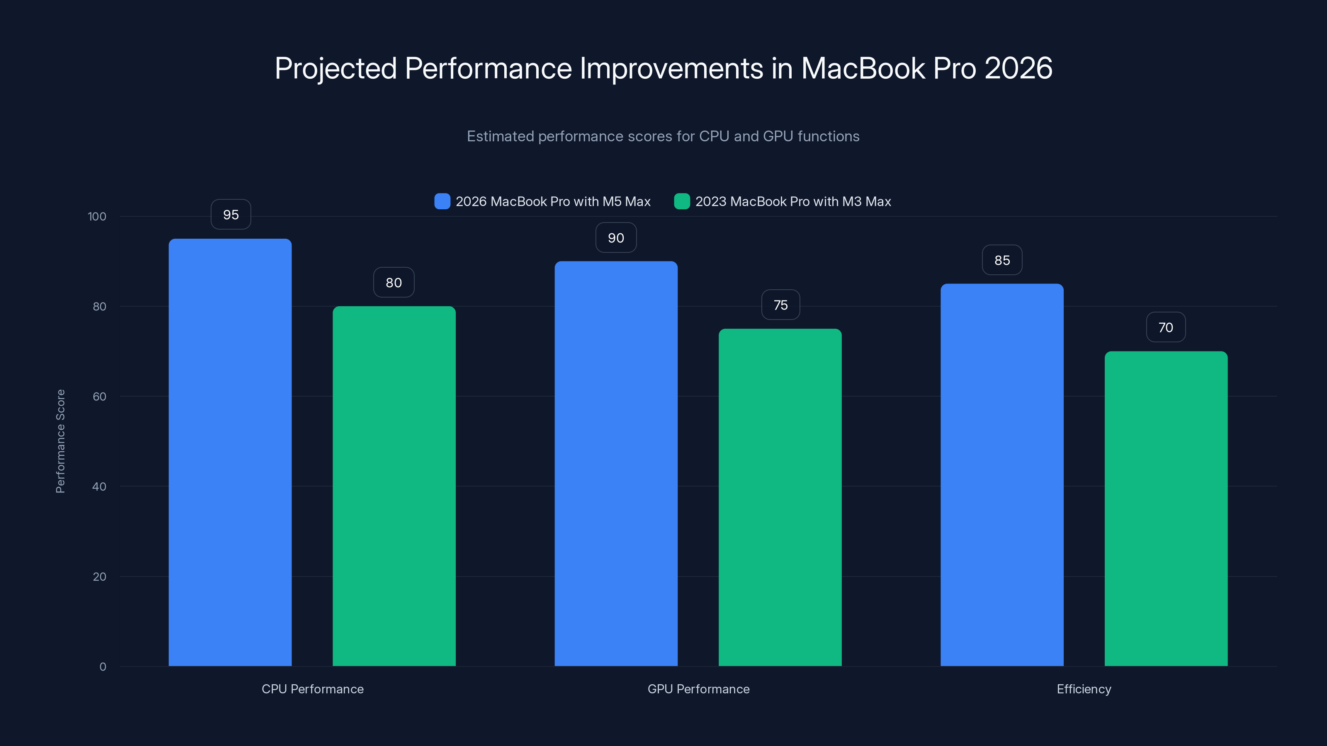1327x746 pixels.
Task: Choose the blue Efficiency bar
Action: [1002, 474]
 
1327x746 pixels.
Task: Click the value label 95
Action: [231, 215]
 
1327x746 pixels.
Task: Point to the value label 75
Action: [780, 305]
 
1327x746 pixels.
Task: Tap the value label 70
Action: [1165, 327]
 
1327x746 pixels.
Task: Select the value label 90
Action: [615, 238]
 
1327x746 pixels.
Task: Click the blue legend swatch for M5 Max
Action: [442, 201]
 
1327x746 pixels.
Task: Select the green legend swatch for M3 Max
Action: [681, 201]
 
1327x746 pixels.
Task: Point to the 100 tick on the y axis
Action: [97, 216]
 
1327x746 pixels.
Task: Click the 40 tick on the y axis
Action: [99, 487]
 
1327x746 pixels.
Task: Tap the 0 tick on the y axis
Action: [102, 667]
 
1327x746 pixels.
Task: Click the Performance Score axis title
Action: [60, 441]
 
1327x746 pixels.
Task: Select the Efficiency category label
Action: [1084, 689]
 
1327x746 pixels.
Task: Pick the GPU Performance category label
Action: [698, 689]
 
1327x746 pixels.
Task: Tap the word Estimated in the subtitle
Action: [500, 136]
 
